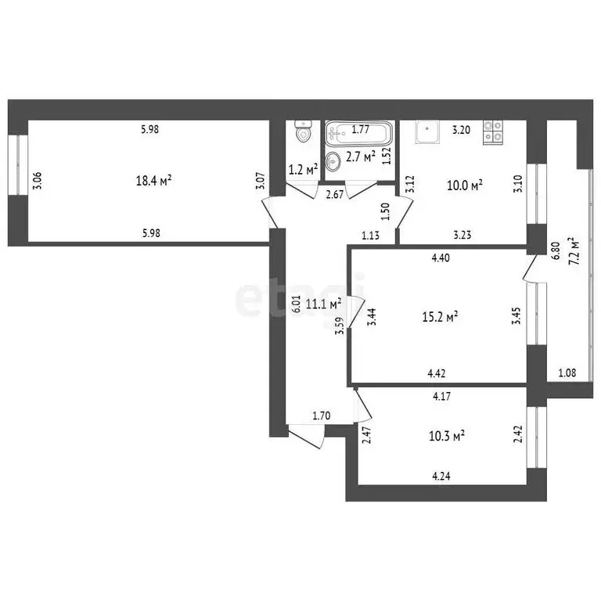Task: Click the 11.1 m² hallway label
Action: click(x=323, y=304)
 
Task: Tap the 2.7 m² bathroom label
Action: click(x=361, y=156)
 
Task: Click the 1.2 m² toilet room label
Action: click(x=303, y=169)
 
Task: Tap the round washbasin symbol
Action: click(x=334, y=162)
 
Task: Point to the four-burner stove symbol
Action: click(x=492, y=131)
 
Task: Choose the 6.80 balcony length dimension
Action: click(x=555, y=250)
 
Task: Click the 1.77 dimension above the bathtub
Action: click(x=360, y=130)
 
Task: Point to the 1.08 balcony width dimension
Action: click(x=567, y=372)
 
